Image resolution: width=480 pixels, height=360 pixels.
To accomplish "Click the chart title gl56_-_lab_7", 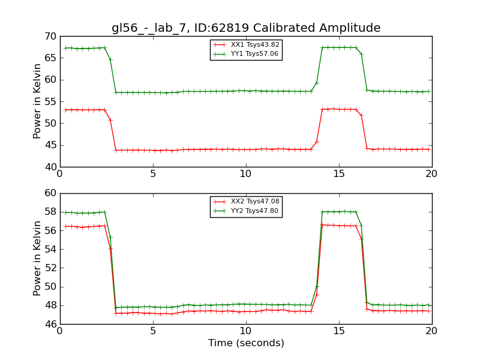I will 246,28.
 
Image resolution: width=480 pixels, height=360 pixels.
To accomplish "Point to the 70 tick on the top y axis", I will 49,37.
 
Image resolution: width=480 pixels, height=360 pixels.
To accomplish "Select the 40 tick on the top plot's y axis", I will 49,167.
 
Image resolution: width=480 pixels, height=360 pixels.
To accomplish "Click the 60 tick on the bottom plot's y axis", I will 49,194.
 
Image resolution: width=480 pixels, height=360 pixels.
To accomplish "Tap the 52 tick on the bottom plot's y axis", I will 49,268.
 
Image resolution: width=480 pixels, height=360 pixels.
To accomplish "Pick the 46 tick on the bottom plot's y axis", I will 49,325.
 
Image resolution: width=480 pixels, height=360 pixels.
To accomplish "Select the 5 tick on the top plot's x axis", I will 153,174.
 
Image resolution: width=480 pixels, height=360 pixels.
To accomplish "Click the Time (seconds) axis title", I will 246,343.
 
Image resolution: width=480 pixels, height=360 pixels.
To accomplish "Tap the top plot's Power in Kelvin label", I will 38,101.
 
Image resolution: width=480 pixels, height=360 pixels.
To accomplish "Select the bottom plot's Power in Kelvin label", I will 38,259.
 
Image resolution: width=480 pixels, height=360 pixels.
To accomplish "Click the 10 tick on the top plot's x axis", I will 246,174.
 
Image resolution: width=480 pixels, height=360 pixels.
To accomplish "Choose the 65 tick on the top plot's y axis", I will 49,59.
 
